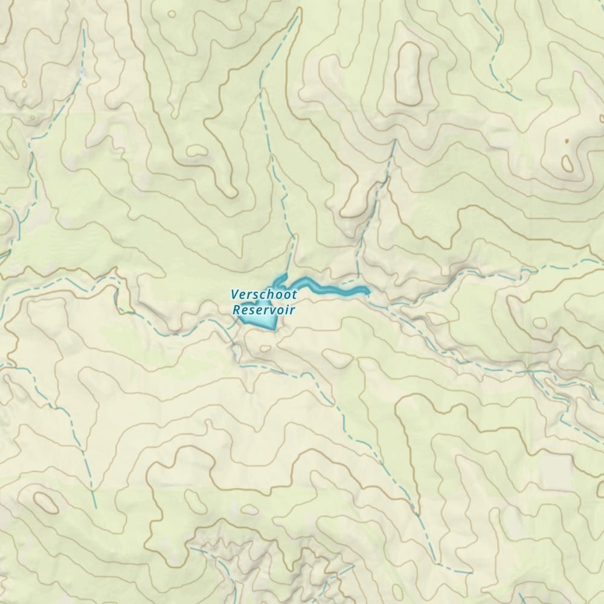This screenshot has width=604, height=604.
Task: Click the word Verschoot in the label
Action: [264, 295]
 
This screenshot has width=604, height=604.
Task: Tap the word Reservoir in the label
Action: [264, 310]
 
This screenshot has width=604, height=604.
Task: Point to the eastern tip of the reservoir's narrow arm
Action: [367, 292]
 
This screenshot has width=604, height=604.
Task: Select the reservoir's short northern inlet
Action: [280, 278]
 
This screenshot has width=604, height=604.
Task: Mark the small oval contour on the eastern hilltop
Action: [567, 162]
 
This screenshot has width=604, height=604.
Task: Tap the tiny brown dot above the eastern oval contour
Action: [567, 141]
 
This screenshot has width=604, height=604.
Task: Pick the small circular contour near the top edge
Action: [173, 13]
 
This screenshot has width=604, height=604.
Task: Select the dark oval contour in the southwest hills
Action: [45, 501]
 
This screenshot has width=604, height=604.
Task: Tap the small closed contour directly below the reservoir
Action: [265, 348]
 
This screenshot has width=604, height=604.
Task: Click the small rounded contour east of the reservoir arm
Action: [540, 323]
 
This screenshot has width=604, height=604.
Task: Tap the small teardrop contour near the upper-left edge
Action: [24, 84]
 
